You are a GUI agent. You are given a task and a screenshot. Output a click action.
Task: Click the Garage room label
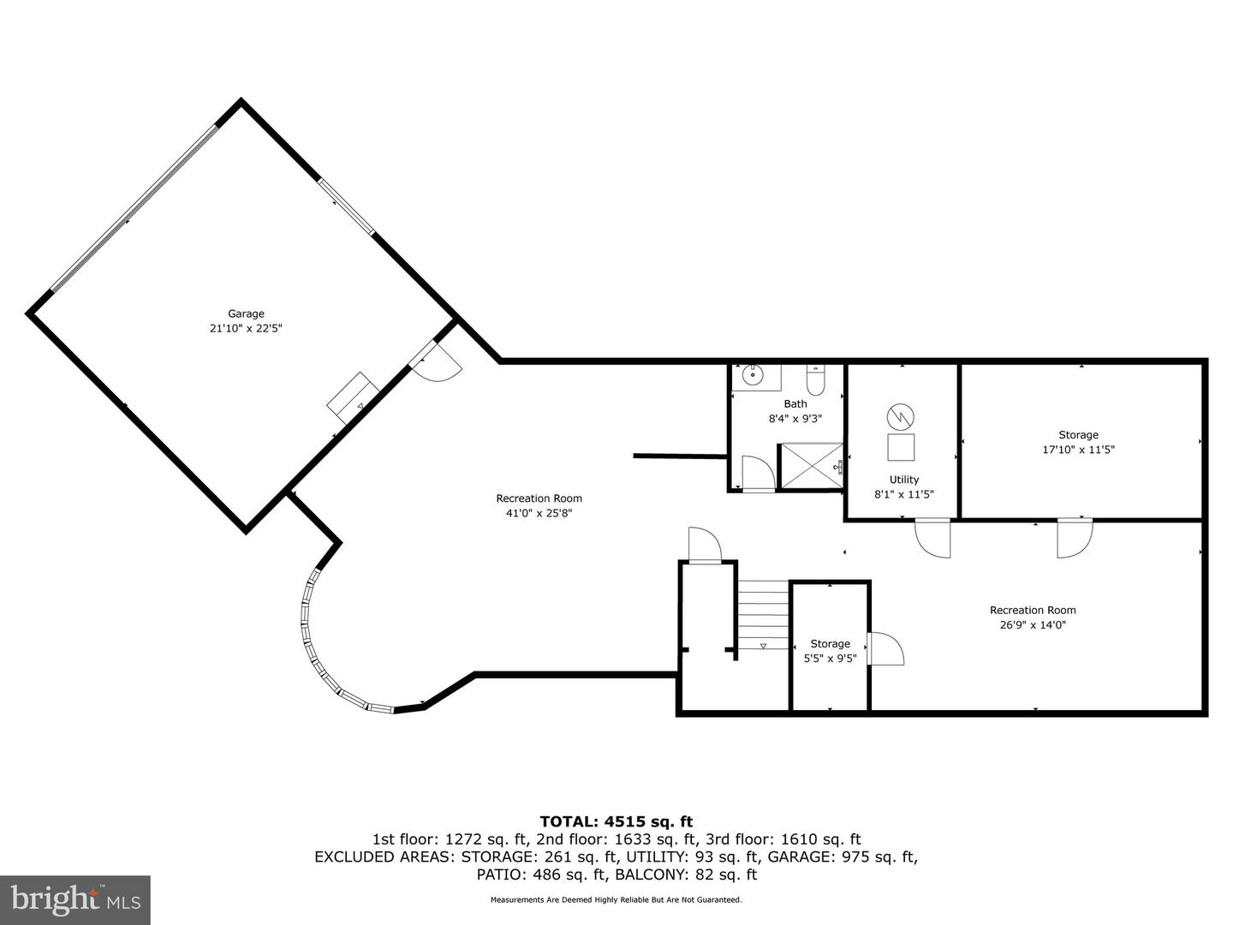[246, 314]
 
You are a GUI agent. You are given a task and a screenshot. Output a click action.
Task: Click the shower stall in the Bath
[809, 466]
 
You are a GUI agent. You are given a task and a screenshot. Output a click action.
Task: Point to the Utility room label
[903, 480]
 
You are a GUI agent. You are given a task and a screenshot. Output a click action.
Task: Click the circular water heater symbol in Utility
[900, 417]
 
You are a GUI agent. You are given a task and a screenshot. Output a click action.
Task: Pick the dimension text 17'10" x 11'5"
[1078, 450]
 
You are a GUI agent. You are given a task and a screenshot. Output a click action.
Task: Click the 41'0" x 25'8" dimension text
[539, 513]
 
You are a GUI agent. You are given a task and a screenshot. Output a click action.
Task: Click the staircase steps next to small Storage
[764, 614]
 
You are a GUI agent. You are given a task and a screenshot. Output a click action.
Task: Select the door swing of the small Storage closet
[886, 648]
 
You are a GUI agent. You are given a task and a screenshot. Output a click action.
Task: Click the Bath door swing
[758, 474]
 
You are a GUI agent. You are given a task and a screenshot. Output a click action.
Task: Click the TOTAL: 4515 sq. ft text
[616, 822]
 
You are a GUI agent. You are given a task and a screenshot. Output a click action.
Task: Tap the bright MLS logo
[75, 899]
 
